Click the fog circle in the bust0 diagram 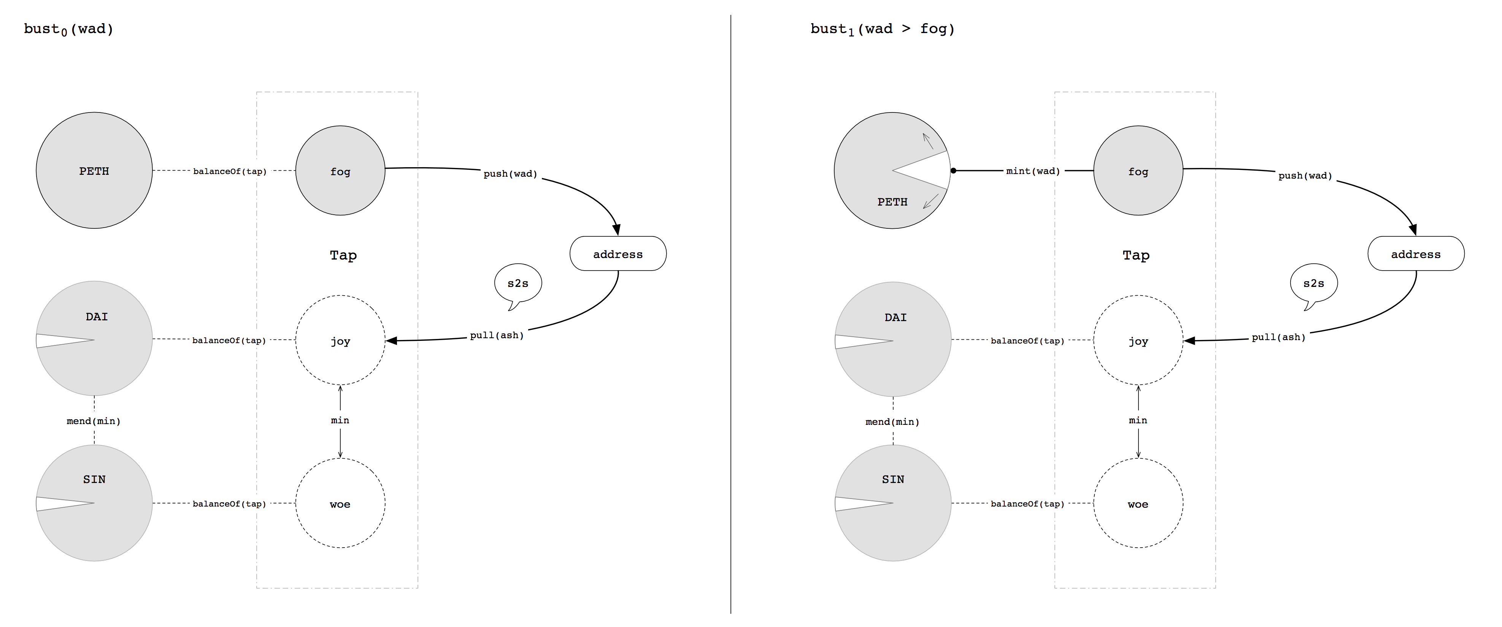[x=340, y=171]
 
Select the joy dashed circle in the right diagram [x=1138, y=341]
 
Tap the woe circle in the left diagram [x=340, y=503]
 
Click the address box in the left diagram [x=618, y=254]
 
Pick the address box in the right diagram [x=1415, y=254]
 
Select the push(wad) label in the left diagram [x=510, y=174]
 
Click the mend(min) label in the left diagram [x=94, y=421]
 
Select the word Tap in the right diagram [x=1136, y=255]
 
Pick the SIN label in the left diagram [x=94, y=480]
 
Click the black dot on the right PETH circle [x=953, y=171]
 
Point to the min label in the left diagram [x=340, y=420]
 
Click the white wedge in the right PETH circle [x=930, y=170]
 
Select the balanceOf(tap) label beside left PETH [x=230, y=171]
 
